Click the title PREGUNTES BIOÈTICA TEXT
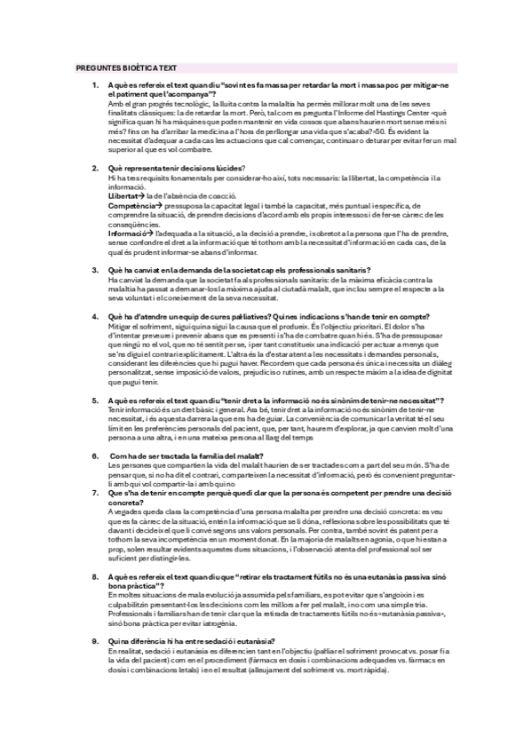127,66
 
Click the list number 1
96,84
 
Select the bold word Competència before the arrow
131,203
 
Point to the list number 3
96,270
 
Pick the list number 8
96,576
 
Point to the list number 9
96,640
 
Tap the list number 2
96,168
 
